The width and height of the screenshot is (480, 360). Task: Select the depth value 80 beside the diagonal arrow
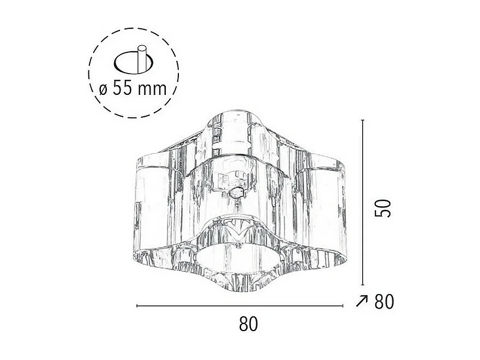(384, 301)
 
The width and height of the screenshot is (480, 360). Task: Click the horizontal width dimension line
(240, 307)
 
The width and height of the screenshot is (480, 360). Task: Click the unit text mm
(153, 89)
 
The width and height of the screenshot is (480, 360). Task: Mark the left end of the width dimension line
(137, 307)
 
